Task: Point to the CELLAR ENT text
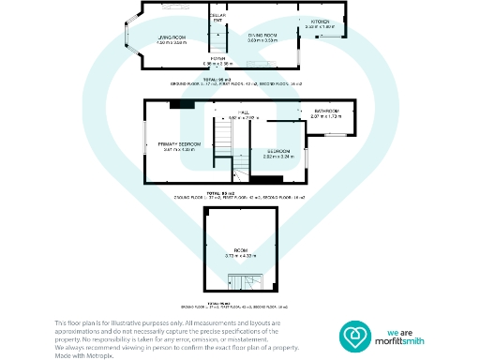217,19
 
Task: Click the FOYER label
217,58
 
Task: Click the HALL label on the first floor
242,112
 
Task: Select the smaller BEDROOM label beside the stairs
278,151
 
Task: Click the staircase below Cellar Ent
218,42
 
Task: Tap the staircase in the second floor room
237,278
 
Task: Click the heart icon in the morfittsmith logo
354,335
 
